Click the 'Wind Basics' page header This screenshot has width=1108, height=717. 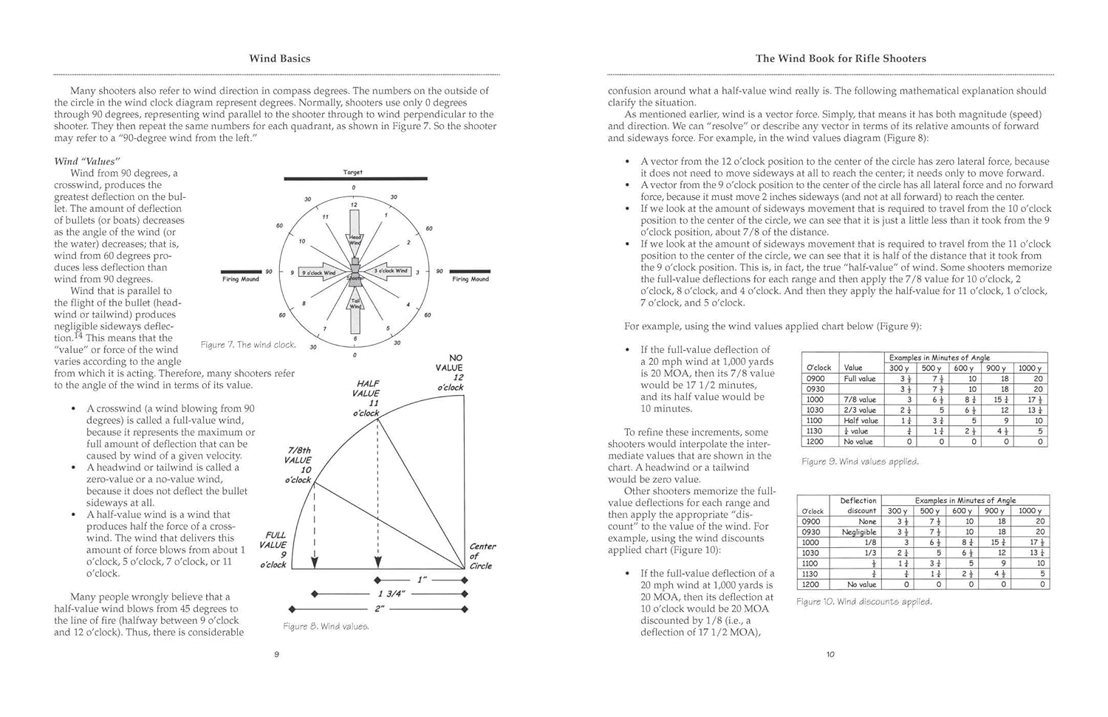(x=279, y=58)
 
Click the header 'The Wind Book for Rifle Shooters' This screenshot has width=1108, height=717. (x=840, y=58)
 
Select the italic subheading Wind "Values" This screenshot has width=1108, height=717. (x=87, y=161)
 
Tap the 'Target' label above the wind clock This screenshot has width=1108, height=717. (x=353, y=172)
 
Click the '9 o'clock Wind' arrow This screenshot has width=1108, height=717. (x=318, y=272)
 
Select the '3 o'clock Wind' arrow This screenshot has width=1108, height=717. (x=389, y=271)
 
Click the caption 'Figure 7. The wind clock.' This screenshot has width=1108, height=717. (x=248, y=345)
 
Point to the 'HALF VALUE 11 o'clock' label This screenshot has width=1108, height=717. (x=366, y=398)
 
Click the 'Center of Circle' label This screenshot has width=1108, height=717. (x=482, y=556)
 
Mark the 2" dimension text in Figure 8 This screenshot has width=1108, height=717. (x=379, y=608)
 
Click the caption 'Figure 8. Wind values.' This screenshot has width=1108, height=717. (x=326, y=626)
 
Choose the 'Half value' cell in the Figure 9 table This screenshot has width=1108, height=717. (x=861, y=420)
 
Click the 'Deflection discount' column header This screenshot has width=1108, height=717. (x=858, y=505)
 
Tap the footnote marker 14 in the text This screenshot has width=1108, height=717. (x=79, y=337)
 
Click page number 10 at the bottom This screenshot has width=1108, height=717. (x=830, y=654)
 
